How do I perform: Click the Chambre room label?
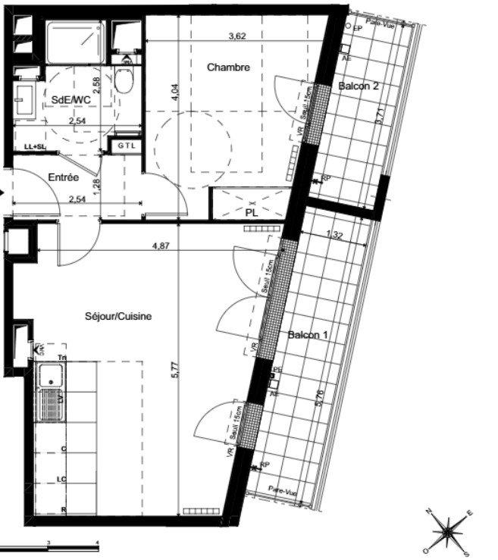[x=228, y=67]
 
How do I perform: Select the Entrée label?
[x=64, y=177]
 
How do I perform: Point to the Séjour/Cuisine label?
[x=118, y=317]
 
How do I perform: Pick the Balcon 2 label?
[x=358, y=86]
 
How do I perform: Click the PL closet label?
[x=252, y=213]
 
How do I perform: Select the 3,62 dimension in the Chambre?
[x=240, y=35]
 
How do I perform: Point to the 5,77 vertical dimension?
[x=174, y=370]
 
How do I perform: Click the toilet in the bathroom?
[x=126, y=77]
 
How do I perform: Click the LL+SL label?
[x=35, y=146]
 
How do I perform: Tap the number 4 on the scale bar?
[x=98, y=543]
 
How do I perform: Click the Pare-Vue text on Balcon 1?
[x=285, y=492]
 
